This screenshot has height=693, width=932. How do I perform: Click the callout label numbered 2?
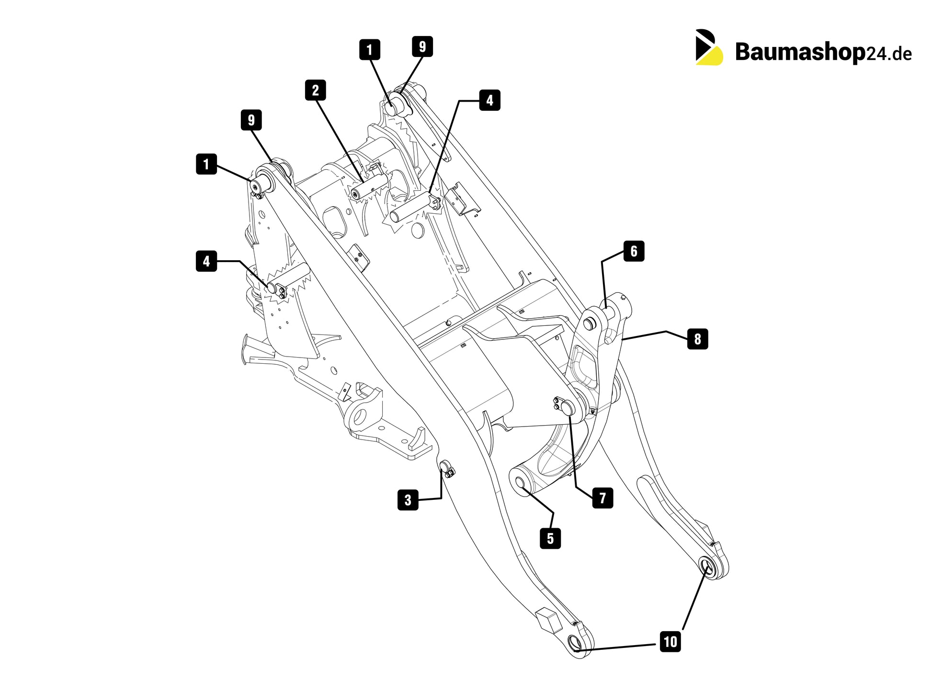pos(315,90)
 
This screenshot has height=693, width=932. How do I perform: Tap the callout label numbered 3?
pos(408,500)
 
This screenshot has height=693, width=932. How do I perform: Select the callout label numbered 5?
pos(550,538)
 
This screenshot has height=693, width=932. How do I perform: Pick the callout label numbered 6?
pos(634,251)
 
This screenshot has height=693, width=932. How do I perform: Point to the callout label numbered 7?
pos(602,497)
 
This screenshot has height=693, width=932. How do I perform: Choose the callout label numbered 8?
pos(697,339)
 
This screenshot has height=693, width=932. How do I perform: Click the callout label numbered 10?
pos(670,641)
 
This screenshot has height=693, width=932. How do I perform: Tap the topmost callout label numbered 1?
pos(370,50)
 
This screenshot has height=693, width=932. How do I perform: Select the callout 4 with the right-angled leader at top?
pos(489,100)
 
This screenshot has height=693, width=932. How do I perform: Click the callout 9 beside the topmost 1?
pos(422,46)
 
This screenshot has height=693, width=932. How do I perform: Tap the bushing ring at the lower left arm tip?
pos(574,642)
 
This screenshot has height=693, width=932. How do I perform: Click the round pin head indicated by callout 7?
pos(568,408)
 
